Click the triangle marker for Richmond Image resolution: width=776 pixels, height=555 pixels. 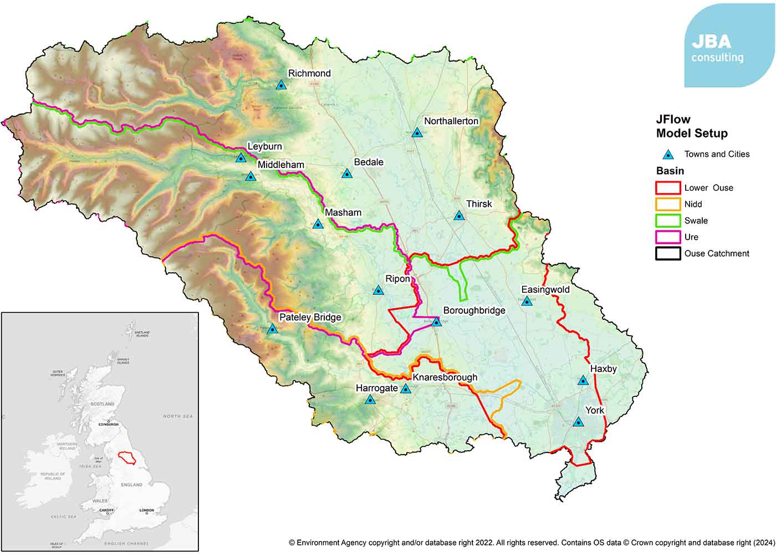pyautogui.click(x=281, y=85)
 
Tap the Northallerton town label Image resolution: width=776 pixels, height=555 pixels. pyautogui.click(x=451, y=121)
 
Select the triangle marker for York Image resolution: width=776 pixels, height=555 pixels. pyautogui.click(x=578, y=422)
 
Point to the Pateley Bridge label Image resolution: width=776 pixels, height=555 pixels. pyautogui.click(x=310, y=317)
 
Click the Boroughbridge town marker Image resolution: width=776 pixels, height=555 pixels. pyautogui.click(x=437, y=321)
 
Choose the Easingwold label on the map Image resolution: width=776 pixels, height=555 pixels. pyautogui.click(x=545, y=289)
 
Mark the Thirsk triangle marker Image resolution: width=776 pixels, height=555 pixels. pyautogui.click(x=459, y=216)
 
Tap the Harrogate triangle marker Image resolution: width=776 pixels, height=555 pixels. pyautogui.click(x=370, y=399)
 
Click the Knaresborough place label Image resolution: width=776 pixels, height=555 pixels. pyautogui.click(x=445, y=377)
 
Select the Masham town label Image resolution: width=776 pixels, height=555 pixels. pyautogui.click(x=343, y=212)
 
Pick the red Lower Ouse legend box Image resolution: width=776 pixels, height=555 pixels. pyautogui.click(x=668, y=187)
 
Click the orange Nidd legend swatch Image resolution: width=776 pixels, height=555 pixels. pyautogui.click(x=668, y=204)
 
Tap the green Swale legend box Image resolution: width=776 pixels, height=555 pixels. pyautogui.click(x=668, y=221)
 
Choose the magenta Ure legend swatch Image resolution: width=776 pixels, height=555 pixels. pyautogui.click(x=668, y=237)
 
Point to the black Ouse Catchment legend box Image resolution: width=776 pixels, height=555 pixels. pyautogui.click(x=668, y=253)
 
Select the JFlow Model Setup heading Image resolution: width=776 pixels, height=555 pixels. pyautogui.click(x=691, y=126)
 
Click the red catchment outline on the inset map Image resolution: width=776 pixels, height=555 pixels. pyautogui.click(x=127, y=457)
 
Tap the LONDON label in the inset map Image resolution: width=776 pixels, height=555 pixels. pyautogui.click(x=146, y=510)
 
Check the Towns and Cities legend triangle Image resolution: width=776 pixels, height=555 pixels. pyautogui.click(x=669, y=155)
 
